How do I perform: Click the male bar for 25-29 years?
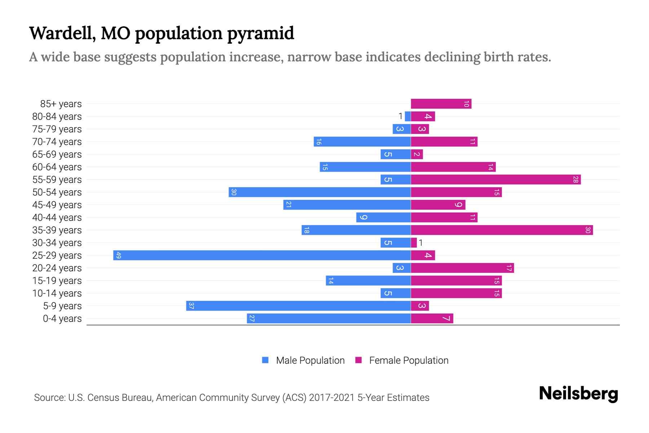262,255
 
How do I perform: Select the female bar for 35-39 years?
502,230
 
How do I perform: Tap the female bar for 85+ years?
441,104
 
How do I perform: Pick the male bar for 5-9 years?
299,306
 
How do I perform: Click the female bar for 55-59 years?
496,179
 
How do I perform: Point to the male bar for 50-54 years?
320,192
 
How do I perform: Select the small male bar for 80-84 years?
408,116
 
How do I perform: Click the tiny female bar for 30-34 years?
414,242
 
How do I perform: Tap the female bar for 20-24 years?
462,268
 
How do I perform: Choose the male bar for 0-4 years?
329,318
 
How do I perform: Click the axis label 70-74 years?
57,142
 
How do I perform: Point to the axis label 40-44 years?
57,218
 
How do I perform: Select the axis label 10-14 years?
57,293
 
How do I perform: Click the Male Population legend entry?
310,360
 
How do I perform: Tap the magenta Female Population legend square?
358,360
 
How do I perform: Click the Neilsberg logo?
578,393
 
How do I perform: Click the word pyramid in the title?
261,33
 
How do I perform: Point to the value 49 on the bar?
119,255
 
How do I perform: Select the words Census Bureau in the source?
120,398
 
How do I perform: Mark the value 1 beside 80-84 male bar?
400,116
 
